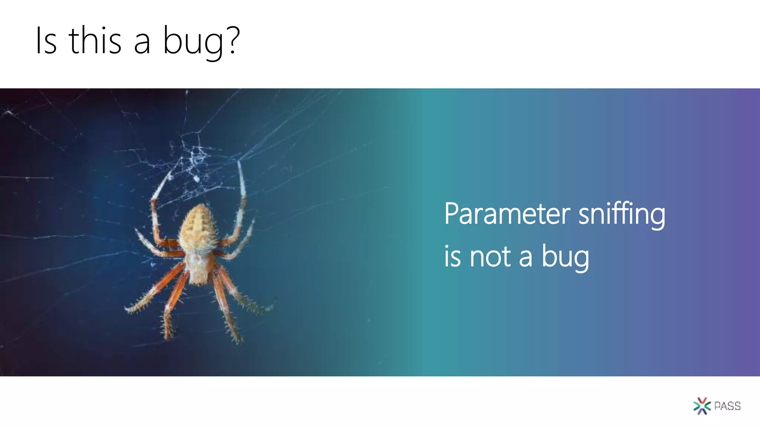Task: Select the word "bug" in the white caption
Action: (x=565, y=257)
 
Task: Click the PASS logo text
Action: (x=727, y=406)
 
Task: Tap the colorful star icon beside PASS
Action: (x=702, y=406)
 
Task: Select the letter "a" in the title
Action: (x=142, y=44)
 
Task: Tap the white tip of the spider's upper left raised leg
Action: (x=170, y=175)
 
